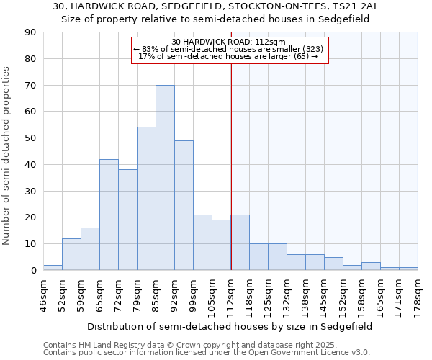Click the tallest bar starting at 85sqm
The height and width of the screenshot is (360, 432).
(165, 178)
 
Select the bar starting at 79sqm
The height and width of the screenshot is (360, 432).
(146, 199)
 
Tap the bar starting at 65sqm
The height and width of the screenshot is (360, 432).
(109, 215)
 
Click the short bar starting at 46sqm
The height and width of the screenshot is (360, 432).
(53, 268)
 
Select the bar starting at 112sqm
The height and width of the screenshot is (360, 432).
(240, 243)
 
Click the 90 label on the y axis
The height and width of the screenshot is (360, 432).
(31, 32)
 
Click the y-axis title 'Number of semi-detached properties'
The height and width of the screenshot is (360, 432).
(7, 156)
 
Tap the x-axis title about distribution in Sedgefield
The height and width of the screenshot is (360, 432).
(230, 326)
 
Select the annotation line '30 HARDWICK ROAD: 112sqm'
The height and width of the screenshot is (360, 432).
(230, 42)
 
